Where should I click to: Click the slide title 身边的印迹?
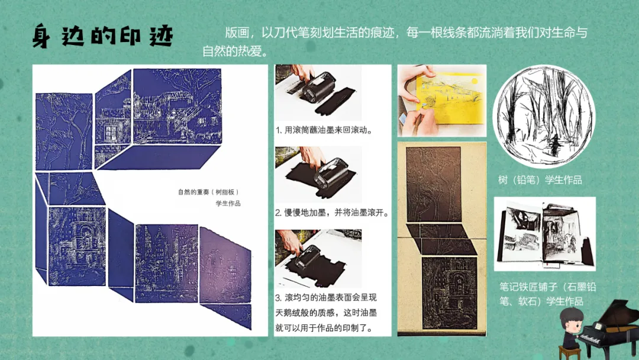103,36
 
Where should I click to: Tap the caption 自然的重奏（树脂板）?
208,192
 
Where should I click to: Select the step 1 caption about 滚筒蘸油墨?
325,130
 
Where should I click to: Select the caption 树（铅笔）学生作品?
540,180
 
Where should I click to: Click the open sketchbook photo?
545,234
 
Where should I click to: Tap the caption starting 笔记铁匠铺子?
548,294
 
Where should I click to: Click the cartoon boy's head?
571,320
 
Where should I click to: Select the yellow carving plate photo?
442,101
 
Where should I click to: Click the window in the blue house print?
111,133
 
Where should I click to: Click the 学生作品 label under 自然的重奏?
228,204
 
